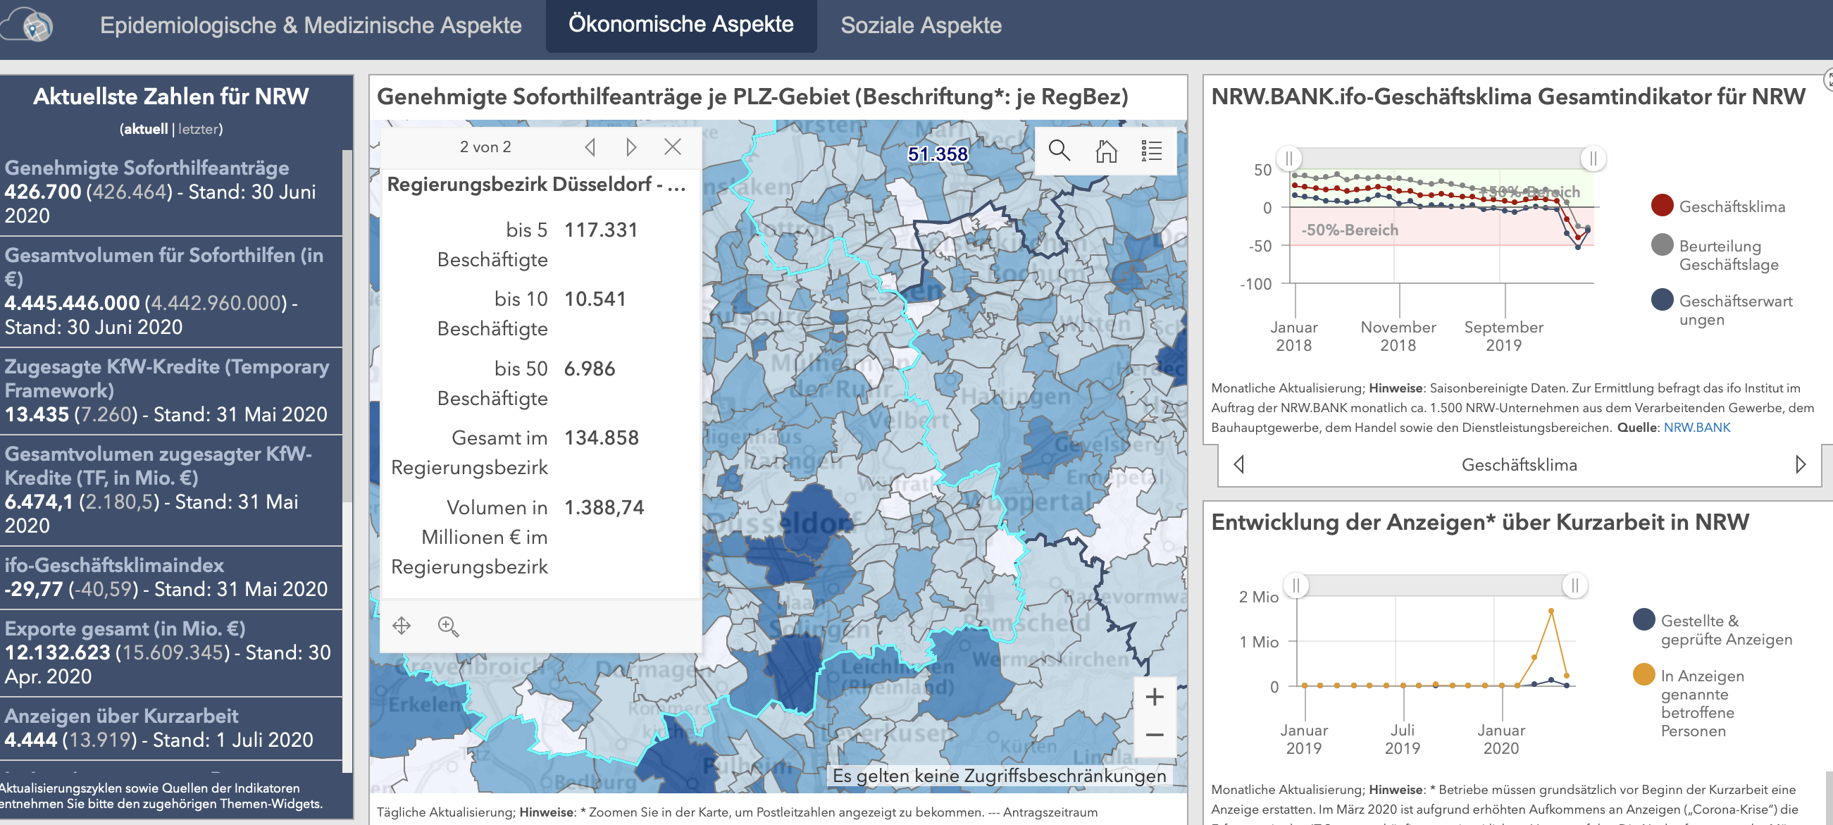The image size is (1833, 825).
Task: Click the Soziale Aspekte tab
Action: coord(921,25)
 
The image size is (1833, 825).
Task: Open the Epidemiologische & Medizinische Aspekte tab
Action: coord(310,25)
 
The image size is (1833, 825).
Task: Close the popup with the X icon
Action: coord(672,147)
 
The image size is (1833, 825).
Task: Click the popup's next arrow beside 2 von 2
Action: coord(630,147)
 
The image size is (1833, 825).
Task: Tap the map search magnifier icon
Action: coord(1059,150)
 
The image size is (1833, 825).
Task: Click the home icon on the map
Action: coord(1106,150)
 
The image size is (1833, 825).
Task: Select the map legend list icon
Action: coord(1151,150)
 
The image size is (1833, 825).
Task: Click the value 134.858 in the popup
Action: coord(602,438)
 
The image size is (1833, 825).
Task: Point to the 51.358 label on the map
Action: coord(937,154)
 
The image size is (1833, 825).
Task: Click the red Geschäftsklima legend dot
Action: coord(1662,206)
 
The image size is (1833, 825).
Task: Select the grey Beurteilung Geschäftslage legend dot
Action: coord(1662,245)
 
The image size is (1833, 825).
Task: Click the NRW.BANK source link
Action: coord(1696,427)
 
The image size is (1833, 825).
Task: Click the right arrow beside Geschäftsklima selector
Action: coord(1801,464)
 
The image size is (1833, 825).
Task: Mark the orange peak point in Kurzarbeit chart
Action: coord(1551,611)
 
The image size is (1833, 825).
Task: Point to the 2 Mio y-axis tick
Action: coord(1258,597)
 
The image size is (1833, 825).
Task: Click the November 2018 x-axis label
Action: coord(1398,336)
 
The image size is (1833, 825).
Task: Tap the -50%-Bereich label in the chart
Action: coord(1349,230)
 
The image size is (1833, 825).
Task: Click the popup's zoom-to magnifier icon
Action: coord(447,626)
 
